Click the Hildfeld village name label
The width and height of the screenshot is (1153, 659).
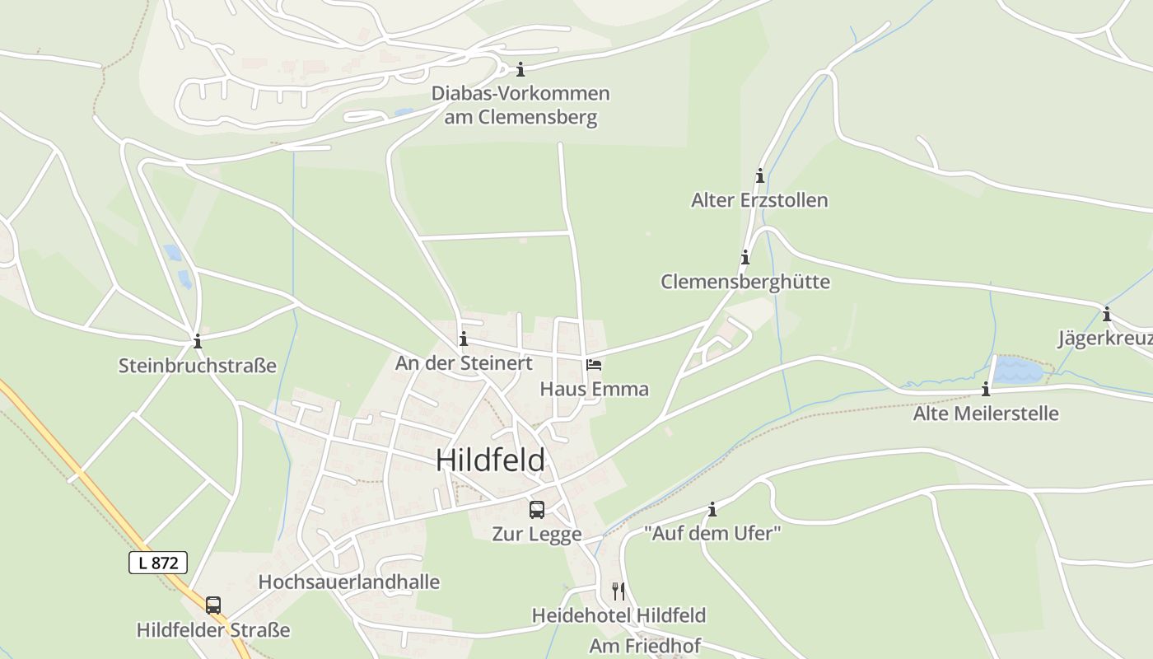[490, 460]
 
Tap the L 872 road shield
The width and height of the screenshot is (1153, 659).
[158, 563]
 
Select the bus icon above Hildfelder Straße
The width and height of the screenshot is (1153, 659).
[213, 605]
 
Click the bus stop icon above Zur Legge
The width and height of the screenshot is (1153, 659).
[537, 509]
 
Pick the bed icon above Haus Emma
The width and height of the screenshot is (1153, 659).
[594, 364]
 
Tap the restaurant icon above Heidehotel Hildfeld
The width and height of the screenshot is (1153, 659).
[619, 591]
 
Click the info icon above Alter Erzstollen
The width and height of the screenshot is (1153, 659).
[759, 175]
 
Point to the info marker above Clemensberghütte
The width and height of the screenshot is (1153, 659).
[745, 257]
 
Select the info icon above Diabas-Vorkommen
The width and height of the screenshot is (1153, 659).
[520, 69]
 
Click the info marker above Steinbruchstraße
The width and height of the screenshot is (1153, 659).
[197, 341]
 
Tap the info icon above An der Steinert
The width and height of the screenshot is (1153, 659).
[464, 339]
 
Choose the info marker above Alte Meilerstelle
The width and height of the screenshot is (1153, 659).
[986, 389]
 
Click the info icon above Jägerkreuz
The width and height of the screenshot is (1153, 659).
[1107, 314]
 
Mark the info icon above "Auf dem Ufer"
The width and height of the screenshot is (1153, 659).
[712, 509]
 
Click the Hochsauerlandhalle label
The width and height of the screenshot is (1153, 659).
[349, 582]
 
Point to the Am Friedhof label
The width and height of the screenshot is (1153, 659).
[644, 646]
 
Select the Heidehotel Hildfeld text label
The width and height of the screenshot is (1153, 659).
[619, 615]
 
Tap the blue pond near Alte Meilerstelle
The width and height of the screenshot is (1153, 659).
[1018, 371]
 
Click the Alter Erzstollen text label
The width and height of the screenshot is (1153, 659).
[759, 200]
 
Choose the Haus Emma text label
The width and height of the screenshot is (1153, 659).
[594, 389]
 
